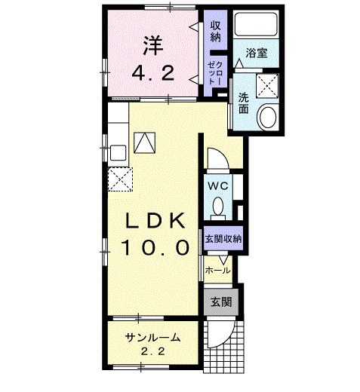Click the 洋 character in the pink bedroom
(153, 46)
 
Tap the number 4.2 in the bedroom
(153, 73)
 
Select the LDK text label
(155, 220)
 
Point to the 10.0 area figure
(155, 247)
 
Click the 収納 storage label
(216, 31)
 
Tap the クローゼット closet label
(215, 73)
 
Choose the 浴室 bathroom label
(256, 53)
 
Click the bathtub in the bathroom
(256, 24)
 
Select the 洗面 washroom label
(243, 103)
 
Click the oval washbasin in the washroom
(268, 118)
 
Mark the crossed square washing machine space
(267, 86)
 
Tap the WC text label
(218, 186)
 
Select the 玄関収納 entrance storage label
(223, 238)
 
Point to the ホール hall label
(217, 271)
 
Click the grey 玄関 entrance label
(221, 302)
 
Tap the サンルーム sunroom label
(153, 338)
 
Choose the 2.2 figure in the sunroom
(153, 351)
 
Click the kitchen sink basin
(118, 152)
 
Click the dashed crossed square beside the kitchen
(120, 179)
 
